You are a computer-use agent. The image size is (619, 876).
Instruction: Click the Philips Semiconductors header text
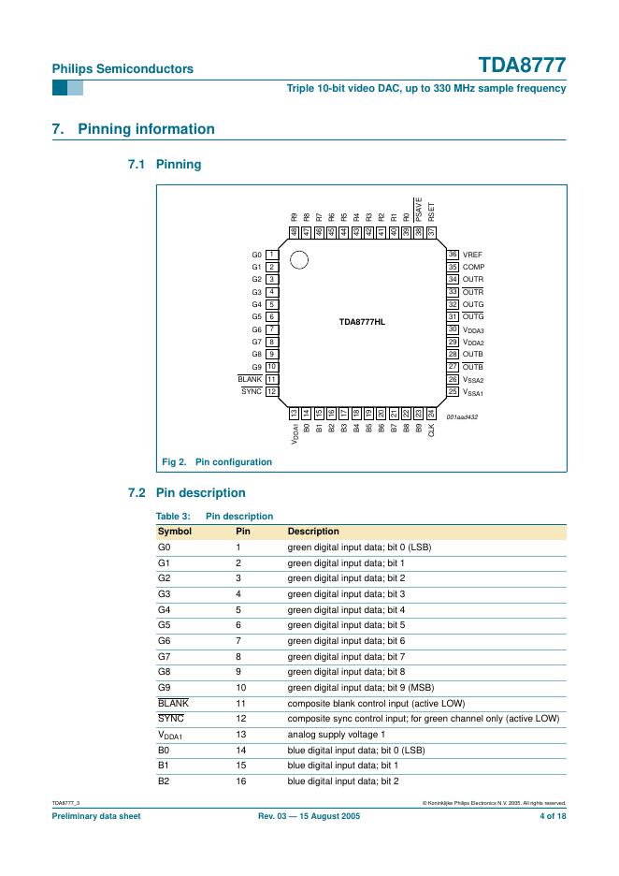[x=122, y=68]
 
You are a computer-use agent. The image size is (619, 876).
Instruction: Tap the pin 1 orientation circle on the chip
[x=298, y=259]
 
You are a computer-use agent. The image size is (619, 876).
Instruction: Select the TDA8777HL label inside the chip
[x=362, y=321]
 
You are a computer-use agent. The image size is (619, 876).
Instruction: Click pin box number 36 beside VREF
[x=453, y=255]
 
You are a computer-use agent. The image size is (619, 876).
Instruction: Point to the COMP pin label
[x=473, y=267]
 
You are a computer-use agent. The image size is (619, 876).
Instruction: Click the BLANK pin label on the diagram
[x=250, y=379]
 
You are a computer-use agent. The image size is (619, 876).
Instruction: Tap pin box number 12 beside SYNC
[x=271, y=391]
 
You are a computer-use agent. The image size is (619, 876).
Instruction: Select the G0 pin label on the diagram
[x=256, y=255]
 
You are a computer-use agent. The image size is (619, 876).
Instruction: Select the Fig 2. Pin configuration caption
[x=217, y=461]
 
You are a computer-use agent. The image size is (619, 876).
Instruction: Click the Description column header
[x=313, y=532]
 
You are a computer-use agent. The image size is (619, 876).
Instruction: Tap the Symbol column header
[x=175, y=532]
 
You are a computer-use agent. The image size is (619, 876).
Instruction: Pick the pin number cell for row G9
[x=239, y=685]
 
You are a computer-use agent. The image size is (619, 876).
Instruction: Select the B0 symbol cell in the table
[x=164, y=750]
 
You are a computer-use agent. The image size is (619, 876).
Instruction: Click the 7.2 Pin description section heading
[x=186, y=492]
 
